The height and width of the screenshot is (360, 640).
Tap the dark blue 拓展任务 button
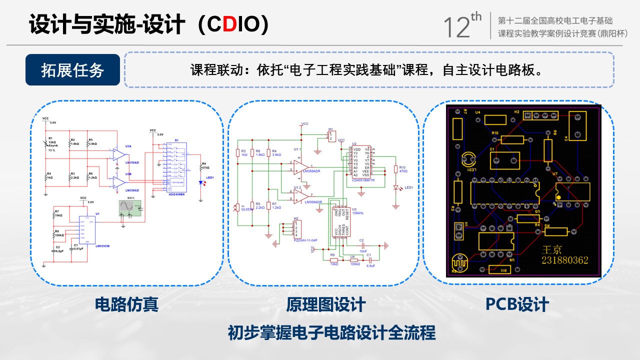click(72, 70)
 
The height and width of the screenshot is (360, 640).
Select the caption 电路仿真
click(126, 304)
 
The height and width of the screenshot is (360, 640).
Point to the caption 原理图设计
click(325, 304)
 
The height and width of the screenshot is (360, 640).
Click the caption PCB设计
click(517, 304)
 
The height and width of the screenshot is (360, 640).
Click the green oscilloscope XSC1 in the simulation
click(130, 207)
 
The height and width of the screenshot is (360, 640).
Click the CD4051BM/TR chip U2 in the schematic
click(361, 161)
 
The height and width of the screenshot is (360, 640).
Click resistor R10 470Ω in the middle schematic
click(395, 169)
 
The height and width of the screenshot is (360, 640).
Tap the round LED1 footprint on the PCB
click(468, 159)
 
